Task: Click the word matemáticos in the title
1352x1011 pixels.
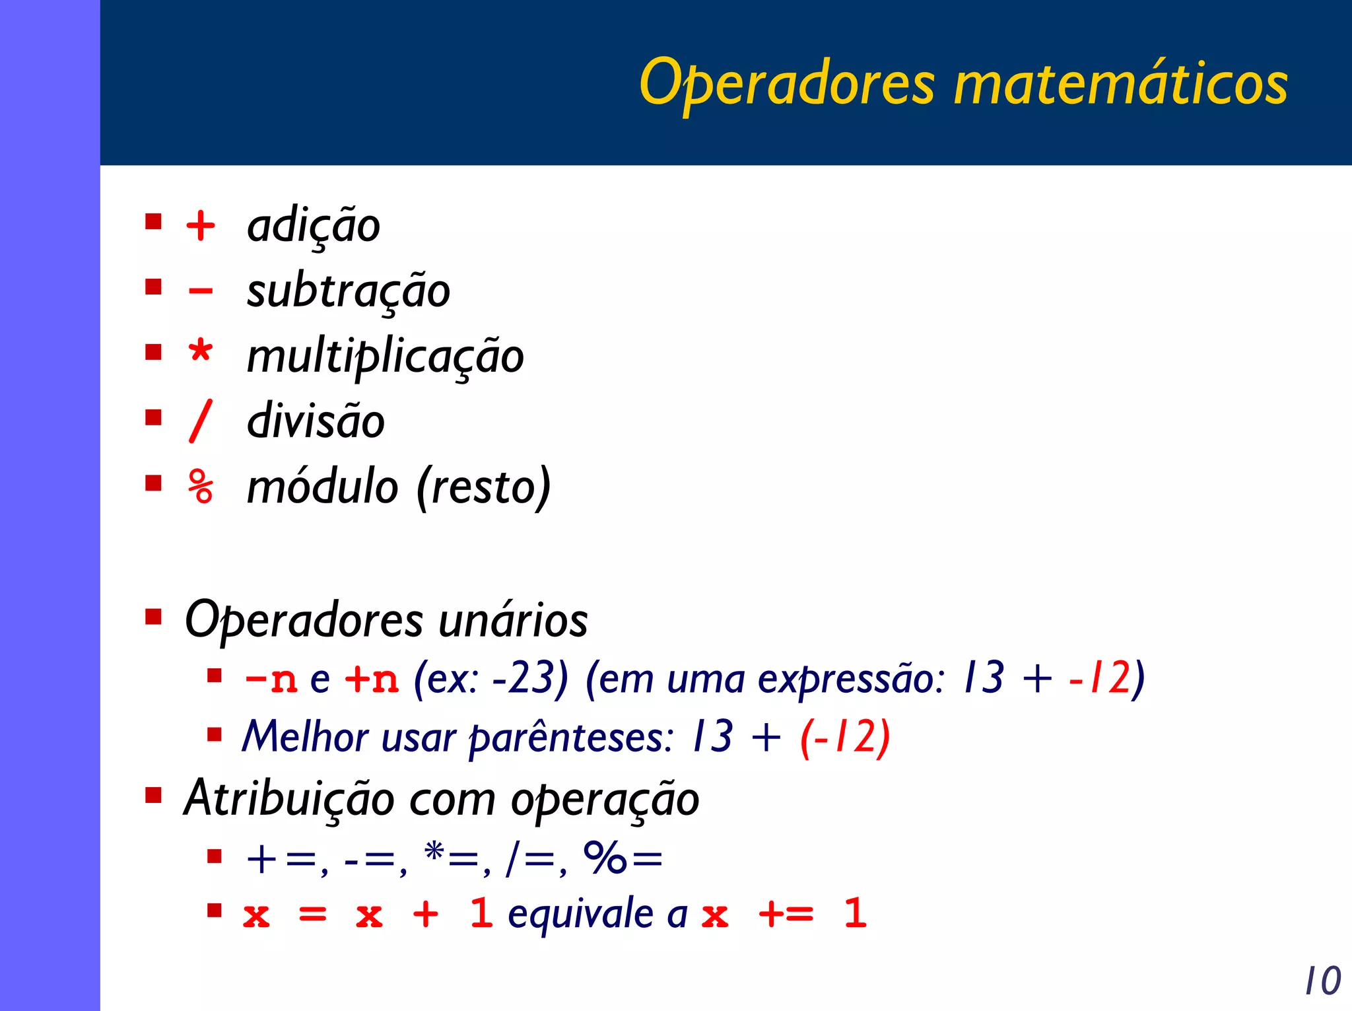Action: [1120, 84]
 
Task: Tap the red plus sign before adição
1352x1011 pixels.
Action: [201, 226]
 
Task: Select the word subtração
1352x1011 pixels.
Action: [348, 291]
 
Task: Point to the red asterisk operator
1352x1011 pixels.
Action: [201, 351]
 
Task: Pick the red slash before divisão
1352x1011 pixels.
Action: [201, 421]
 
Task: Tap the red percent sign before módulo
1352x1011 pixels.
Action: [201, 487]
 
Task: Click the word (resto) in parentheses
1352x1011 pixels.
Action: [483, 487]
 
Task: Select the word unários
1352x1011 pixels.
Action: [513, 621]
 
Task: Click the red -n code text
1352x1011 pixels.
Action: [271, 679]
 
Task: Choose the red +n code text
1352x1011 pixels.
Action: [372, 679]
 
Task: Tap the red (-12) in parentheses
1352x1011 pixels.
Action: [845, 737]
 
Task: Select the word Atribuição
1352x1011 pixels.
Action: [288, 799]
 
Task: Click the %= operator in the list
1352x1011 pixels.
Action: [623, 859]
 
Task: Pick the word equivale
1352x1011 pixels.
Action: [580, 915]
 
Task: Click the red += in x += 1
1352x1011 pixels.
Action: [786, 915]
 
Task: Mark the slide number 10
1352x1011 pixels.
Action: [1323, 981]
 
